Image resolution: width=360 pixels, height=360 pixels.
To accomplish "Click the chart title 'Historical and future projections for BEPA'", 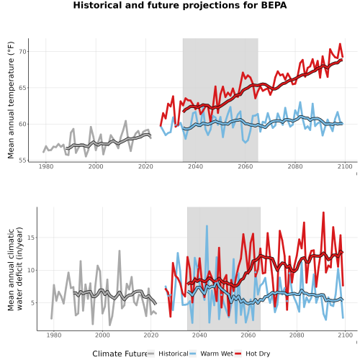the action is click(x=180, y=5).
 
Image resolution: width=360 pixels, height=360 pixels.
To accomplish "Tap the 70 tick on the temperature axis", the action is click(x=22, y=52).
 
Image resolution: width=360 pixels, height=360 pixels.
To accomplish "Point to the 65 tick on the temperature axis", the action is click(x=22, y=88).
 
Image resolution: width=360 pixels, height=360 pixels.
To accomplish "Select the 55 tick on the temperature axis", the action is click(x=22, y=160).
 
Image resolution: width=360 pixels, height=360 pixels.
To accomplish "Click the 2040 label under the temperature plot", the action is click(x=195, y=166).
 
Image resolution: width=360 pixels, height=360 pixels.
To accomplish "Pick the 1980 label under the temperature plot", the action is click(x=46, y=166).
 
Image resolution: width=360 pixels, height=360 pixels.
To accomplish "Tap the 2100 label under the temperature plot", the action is click(x=345, y=166).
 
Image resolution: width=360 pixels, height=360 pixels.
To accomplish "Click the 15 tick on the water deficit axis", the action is click(x=31, y=238).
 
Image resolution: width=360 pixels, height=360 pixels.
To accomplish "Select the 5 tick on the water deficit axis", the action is click(x=32, y=303).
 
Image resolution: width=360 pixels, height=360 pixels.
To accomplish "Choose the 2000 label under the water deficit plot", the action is click(x=102, y=335).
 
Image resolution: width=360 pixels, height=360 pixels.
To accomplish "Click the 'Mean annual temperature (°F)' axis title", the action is click(x=11, y=100).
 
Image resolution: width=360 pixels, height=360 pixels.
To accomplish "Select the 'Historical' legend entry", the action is click(x=174, y=354).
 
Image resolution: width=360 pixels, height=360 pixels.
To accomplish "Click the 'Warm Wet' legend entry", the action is click(x=217, y=354).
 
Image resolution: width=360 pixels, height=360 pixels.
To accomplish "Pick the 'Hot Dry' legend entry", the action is click(x=258, y=354).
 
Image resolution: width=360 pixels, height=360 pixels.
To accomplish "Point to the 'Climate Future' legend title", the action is click(x=120, y=354).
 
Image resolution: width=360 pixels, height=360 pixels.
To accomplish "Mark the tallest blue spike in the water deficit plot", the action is click(x=207, y=226).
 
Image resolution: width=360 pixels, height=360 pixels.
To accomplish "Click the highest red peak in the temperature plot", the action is click(x=340, y=44).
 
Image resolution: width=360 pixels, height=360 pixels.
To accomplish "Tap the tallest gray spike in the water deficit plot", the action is click(x=120, y=251).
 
